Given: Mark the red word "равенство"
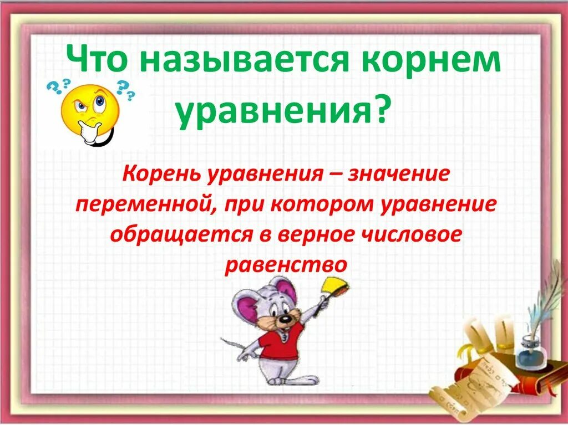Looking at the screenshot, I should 286,265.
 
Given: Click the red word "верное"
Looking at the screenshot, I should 318,235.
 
